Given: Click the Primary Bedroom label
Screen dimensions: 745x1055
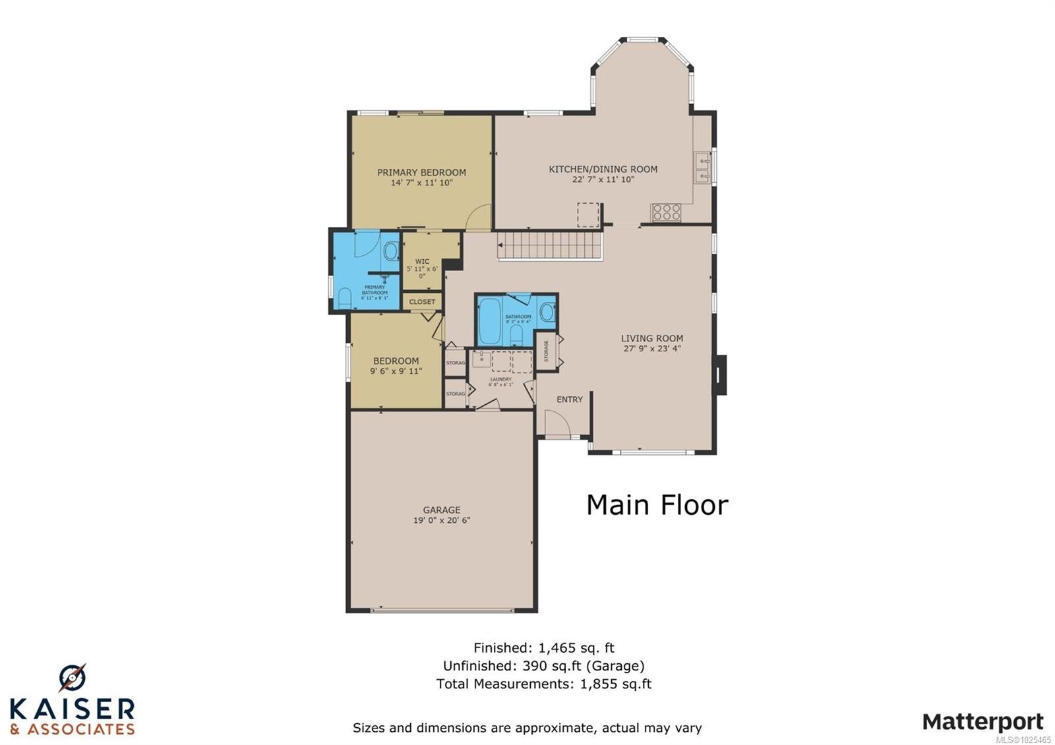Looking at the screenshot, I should pyautogui.click(x=421, y=172).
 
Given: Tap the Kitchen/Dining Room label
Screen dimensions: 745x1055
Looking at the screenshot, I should pyautogui.click(x=603, y=169).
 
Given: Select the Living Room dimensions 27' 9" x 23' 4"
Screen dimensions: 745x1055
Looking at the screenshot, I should pyautogui.click(x=651, y=349).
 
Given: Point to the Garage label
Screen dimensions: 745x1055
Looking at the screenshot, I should pyautogui.click(x=441, y=510).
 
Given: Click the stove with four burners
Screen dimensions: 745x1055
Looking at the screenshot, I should pyautogui.click(x=666, y=212).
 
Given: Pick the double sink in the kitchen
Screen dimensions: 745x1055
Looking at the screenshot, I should pyautogui.click(x=702, y=167).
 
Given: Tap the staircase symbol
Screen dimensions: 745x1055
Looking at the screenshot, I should pyautogui.click(x=549, y=246).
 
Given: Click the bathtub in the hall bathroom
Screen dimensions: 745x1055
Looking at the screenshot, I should pyautogui.click(x=489, y=322).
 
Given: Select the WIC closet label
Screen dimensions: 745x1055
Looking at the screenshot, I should pyautogui.click(x=422, y=262).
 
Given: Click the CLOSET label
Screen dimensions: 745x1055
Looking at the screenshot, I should pyautogui.click(x=422, y=302).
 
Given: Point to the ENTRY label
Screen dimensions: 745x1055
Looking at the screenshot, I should pyautogui.click(x=569, y=400).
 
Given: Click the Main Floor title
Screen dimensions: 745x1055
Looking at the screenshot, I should pyautogui.click(x=657, y=505).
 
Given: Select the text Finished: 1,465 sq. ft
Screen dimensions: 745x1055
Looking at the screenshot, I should pyautogui.click(x=543, y=647).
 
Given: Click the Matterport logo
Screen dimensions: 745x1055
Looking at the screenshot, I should pyautogui.click(x=982, y=721).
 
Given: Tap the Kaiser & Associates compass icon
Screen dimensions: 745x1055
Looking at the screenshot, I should pyautogui.click(x=72, y=678).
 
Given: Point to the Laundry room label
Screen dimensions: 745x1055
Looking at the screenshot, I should pyautogui.click(x=500, y=380).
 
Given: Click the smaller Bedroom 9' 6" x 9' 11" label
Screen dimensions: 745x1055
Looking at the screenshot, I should pyautogui.click(x=396, y=366).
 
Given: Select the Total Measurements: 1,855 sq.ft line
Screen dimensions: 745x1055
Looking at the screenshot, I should pyautogui.click(x=543, y=684).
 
